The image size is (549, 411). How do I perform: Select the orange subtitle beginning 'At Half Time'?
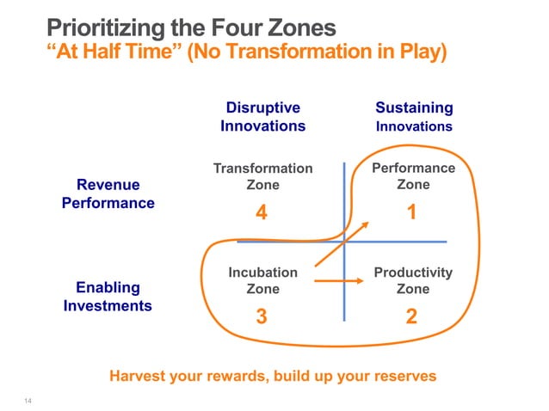(x=245, y=52)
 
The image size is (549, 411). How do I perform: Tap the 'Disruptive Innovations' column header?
(x=262, y=117)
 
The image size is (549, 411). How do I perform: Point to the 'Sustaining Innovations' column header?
(x=414, y=117)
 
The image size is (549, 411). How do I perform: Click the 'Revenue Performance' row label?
(x=108, y=194)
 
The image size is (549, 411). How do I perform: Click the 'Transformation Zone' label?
(x=262, y=176)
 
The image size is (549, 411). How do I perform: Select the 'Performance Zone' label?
(x=413, y=176)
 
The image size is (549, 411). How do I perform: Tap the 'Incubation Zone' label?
(x=262, y=280)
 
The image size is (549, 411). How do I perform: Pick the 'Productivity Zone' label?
(x=413, y=280)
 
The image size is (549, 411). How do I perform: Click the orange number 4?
(x=261, y=213)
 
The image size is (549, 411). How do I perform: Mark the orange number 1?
(x=412, y=212)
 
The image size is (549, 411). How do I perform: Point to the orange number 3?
(x=262, y=317)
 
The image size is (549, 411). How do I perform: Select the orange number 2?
(x=412, y=317)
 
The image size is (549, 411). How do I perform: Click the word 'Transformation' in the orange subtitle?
(x=280, y=52)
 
